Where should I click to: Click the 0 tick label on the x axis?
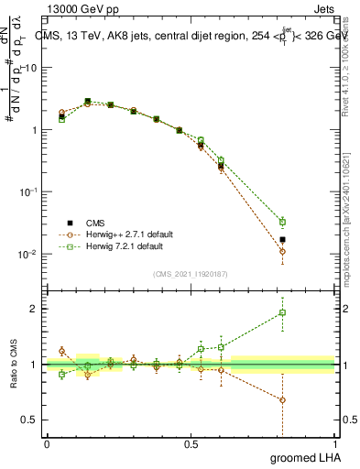(47, 443)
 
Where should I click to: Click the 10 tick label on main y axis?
(31, 68)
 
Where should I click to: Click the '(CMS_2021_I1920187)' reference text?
(191, 274)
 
